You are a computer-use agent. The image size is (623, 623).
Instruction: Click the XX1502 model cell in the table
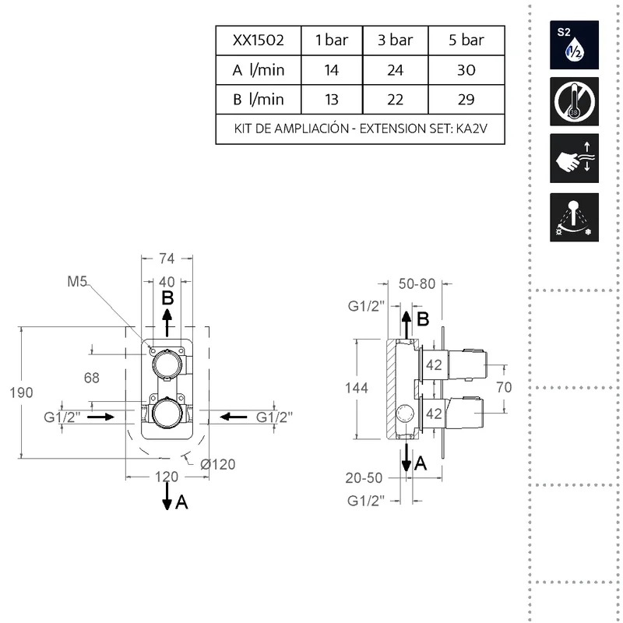click(x=259, y=40)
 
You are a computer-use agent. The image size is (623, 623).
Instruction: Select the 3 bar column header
click(x=395, y=40)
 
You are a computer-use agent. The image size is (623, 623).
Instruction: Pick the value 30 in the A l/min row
click(x=466, y=70)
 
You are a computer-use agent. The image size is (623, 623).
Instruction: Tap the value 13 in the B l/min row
click(x=332, y=100)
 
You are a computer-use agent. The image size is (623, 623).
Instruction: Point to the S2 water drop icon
click(x=574, y=45)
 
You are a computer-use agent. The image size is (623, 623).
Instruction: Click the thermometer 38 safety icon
click(x=574, y=102)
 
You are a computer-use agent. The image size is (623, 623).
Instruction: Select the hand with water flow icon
click(x=574, y=158)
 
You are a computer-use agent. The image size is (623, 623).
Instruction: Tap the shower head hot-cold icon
click(x=574, y=217)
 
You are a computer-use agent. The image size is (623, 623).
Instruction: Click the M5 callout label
click(x=76, y=282)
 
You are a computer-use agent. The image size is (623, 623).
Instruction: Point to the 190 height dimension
click(x=21, y=392)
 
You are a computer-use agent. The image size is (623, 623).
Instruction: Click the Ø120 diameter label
click(x=218, y=464)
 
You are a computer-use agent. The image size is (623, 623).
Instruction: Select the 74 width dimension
click(x=167, y=259)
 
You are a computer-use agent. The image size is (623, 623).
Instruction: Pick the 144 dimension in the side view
click(x=357, y=388)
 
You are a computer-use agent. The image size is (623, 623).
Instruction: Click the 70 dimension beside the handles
click(x=504, y=387)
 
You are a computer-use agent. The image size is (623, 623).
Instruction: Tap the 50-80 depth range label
click(x=417, y=283)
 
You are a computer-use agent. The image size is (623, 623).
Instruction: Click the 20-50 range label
click(x=364, y=477)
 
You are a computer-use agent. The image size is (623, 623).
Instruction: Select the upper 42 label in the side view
click(x=434, y=364)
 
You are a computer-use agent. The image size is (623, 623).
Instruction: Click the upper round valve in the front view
click(x=167, y=364)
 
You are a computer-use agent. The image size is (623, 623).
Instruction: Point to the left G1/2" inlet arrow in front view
click(x=100, y=417)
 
